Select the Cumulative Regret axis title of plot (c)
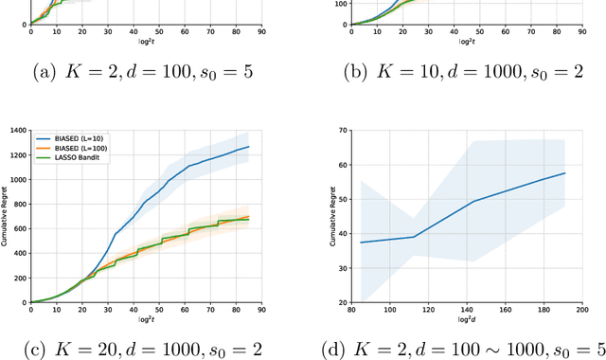point(7,215)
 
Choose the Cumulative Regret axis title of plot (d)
point(332,215)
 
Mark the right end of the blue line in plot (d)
point(565,172)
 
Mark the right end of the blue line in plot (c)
point(249,147)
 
